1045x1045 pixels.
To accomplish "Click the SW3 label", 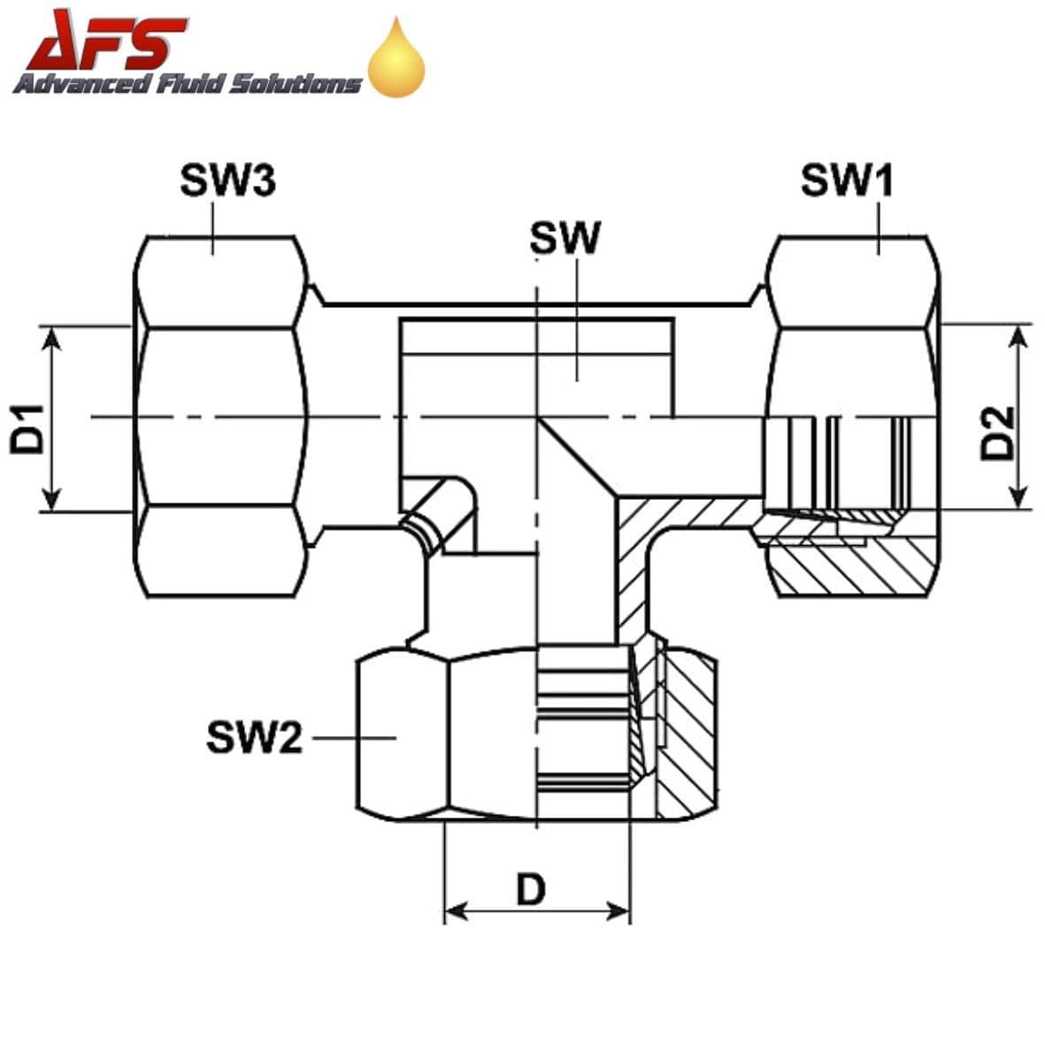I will click(x=227, y=181).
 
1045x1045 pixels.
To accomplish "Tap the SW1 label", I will click(x=847, y=181).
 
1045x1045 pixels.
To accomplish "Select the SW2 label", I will click(x=254, y=736).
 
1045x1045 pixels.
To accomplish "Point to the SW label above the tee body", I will click(x=565, y=238).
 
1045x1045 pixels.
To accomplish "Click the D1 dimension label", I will click(x=27, y=429).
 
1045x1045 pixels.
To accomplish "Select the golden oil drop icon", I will click(x=396, y=60).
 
